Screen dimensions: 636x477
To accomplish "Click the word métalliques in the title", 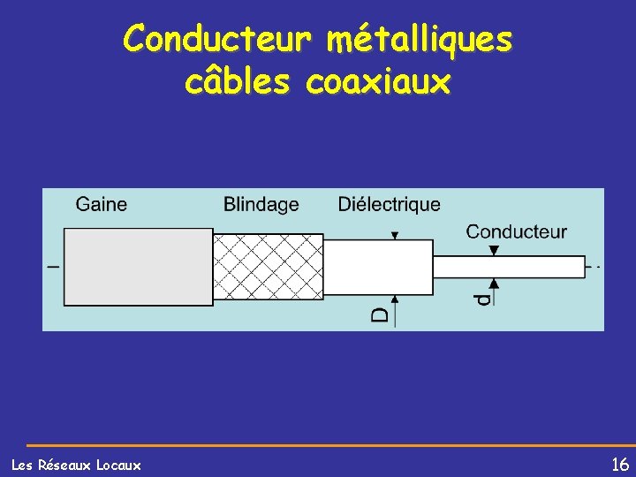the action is tap(419, 39).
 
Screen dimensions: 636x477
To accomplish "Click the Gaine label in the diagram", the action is tap(102, 205).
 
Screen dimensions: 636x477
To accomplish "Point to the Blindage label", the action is tap(261, 205).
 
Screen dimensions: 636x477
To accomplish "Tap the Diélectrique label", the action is tap(389, 205).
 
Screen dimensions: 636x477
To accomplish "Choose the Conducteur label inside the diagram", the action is tap(516, 232).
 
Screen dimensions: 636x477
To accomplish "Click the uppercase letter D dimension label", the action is tap(379, 314).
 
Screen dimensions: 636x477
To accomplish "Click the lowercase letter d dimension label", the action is tap(481, 299).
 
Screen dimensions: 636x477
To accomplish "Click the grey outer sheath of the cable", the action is tap(138, 266).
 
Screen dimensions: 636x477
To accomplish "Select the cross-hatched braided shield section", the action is tap(269, 266).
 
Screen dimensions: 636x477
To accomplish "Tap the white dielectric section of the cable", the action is tap(378, 266).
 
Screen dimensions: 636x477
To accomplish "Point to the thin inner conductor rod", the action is tap(508, 266).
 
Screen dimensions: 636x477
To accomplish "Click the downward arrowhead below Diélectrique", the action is tap(395, 236).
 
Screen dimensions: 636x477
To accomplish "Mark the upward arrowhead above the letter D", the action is tap(395, 299).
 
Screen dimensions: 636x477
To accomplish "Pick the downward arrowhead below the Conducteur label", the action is tap(494, 252).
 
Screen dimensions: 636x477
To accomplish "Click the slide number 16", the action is tap(619, 464).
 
